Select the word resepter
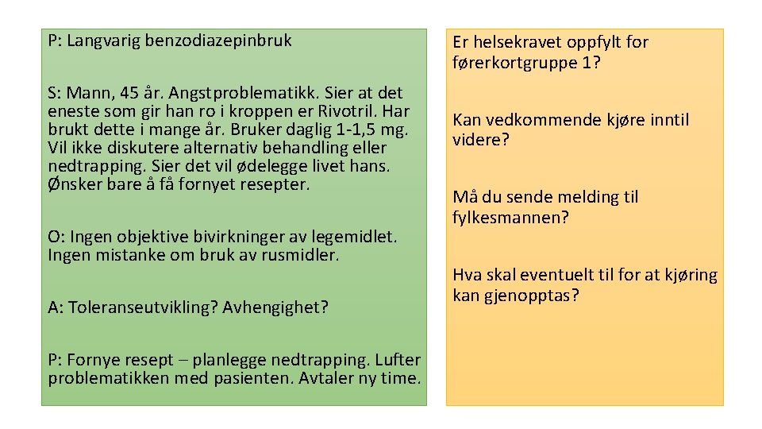(276, 184)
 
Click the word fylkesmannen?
(511, 218)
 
